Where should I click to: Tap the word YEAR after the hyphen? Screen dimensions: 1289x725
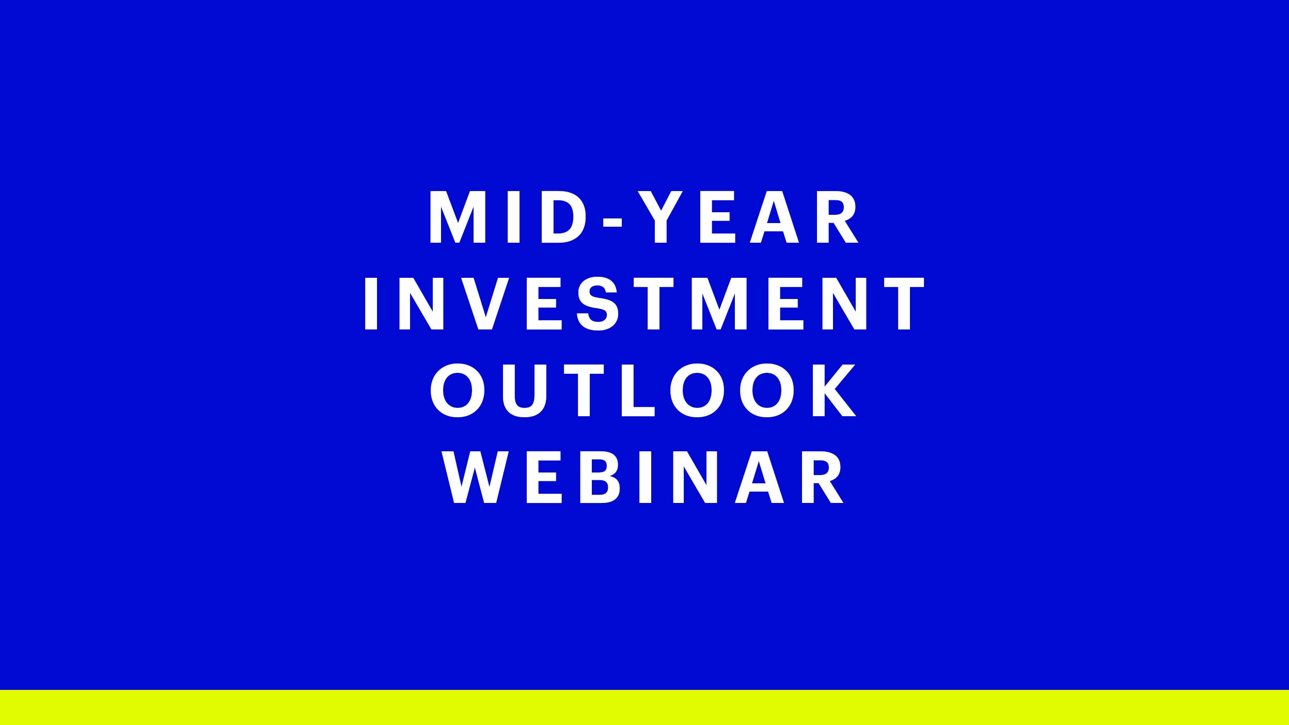coord(748,217)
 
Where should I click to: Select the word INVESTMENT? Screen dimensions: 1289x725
coord(644,304)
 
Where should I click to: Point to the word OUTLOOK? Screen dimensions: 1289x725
coord(643,390)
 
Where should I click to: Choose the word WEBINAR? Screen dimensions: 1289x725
coord(643,477)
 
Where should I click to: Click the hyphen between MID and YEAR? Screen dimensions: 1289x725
coord(613,222)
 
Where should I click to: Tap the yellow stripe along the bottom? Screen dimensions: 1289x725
coord(644,707)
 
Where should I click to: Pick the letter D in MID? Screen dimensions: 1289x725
coord(563,217)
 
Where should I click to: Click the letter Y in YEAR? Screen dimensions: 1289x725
coord(661,217)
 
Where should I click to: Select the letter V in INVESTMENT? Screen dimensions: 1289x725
coord(485,304)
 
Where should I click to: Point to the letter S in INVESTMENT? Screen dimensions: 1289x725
coord(598,304)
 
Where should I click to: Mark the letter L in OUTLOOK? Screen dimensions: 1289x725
coord(638,390)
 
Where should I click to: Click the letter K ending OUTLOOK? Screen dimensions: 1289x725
coord(835,390)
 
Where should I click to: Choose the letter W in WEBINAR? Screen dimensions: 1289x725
coord(475,477)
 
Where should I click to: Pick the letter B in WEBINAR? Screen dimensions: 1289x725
coord(600,477)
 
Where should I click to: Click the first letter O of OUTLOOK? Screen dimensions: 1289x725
coord(458,390)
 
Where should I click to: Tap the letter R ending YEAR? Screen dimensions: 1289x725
coord(837,217)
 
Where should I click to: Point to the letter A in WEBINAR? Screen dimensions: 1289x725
coord(760,477)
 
